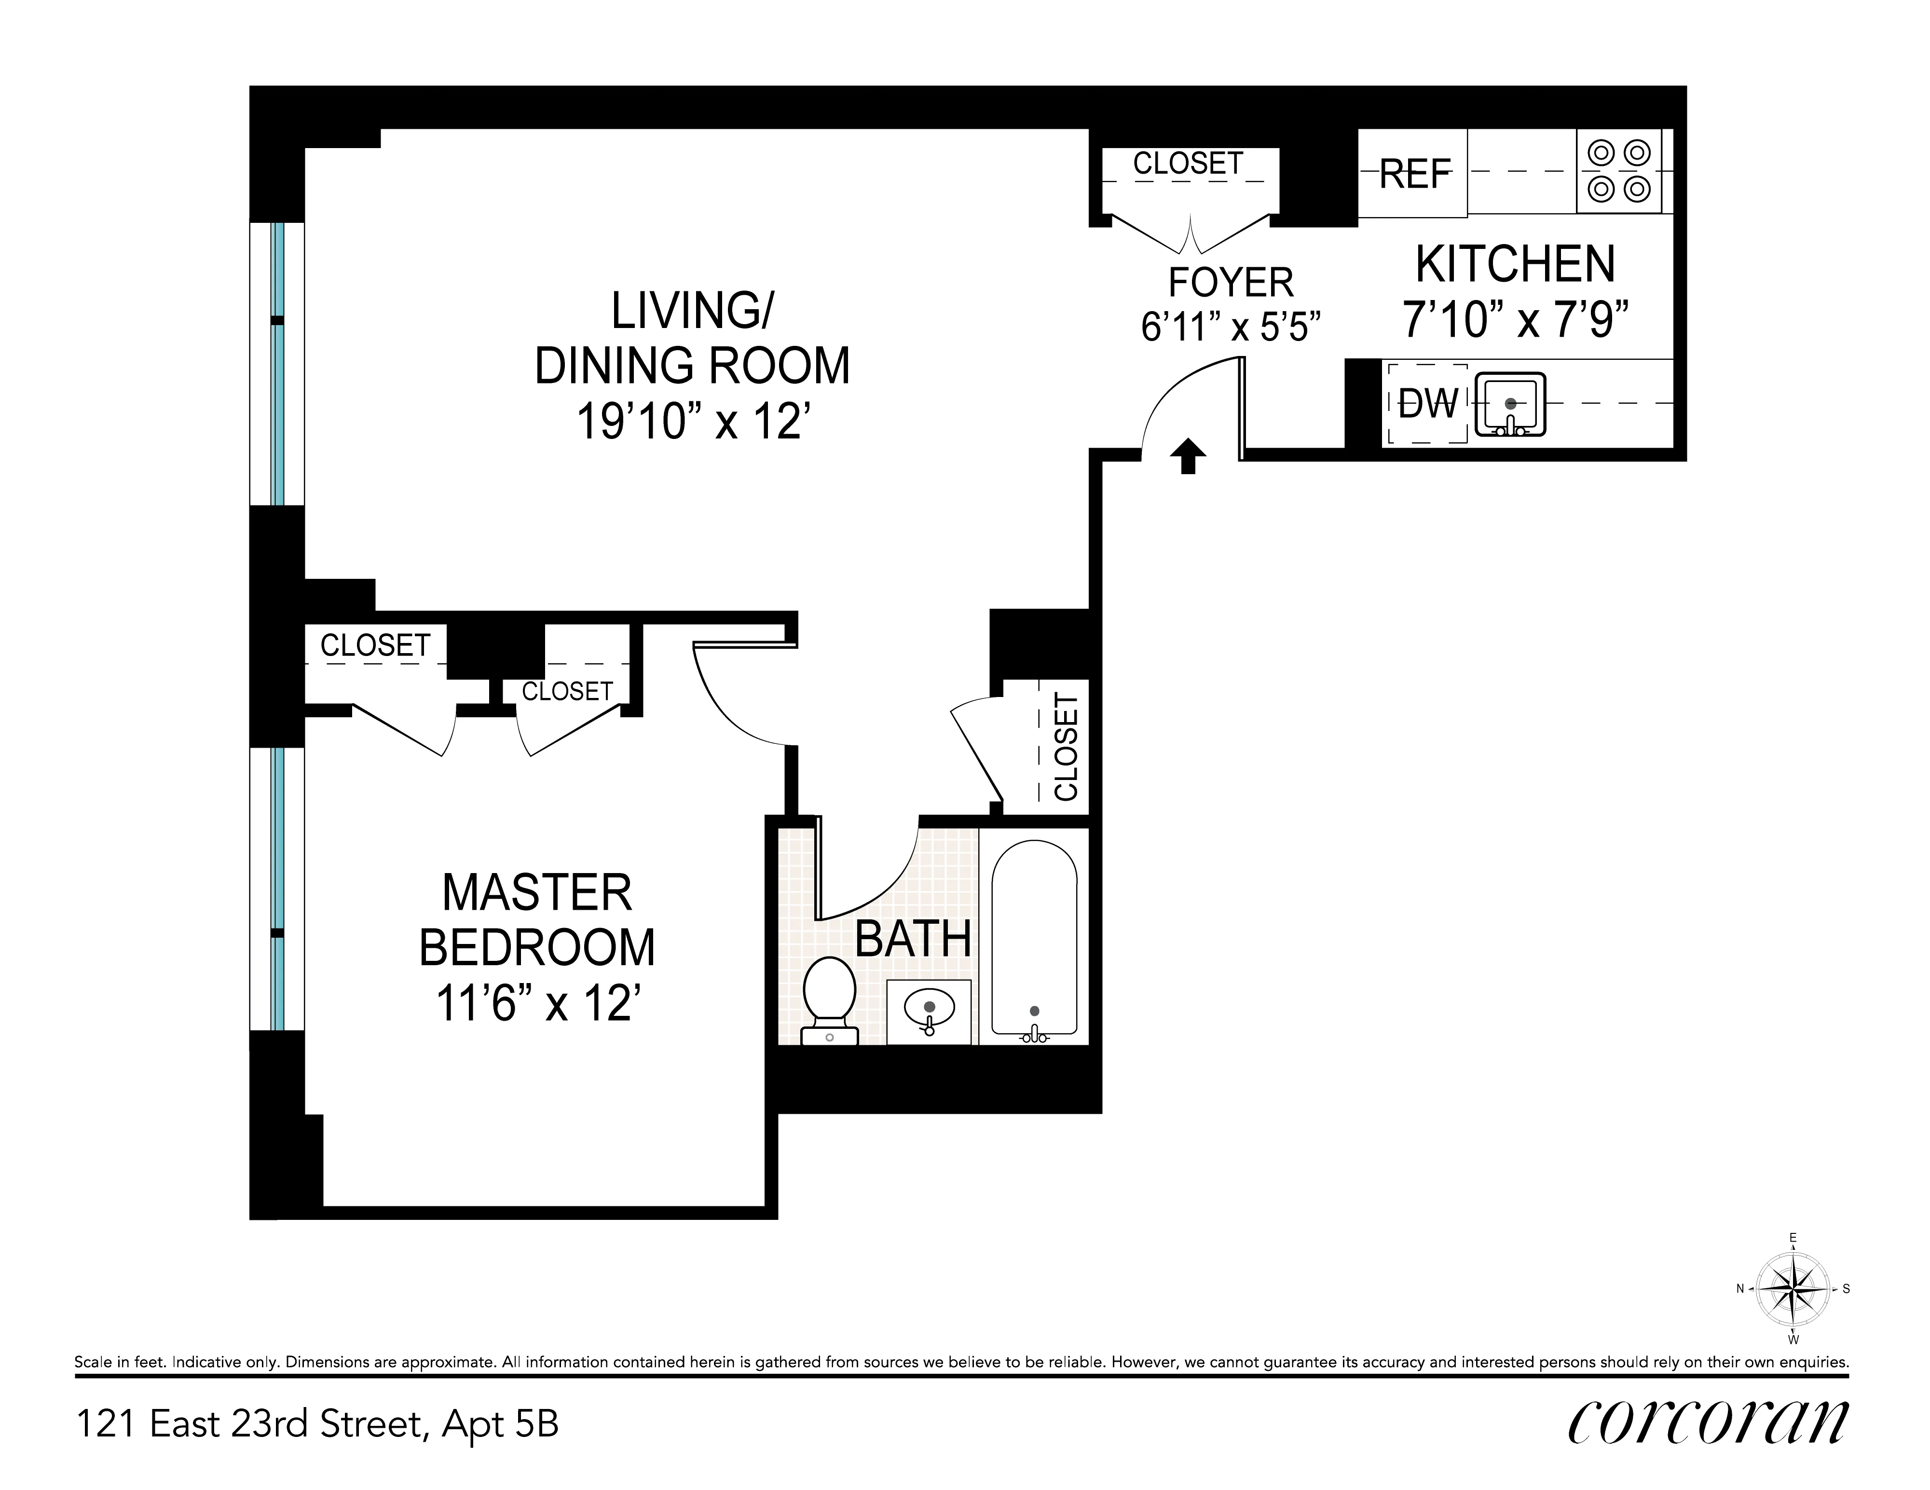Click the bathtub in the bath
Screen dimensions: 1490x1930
[1034, 937]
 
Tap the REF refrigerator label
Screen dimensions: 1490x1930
[1415, 174]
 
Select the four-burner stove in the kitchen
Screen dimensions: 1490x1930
[1619, 171]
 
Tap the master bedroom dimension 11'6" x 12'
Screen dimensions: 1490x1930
[537, 1004]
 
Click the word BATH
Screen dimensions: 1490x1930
[913, 939]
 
